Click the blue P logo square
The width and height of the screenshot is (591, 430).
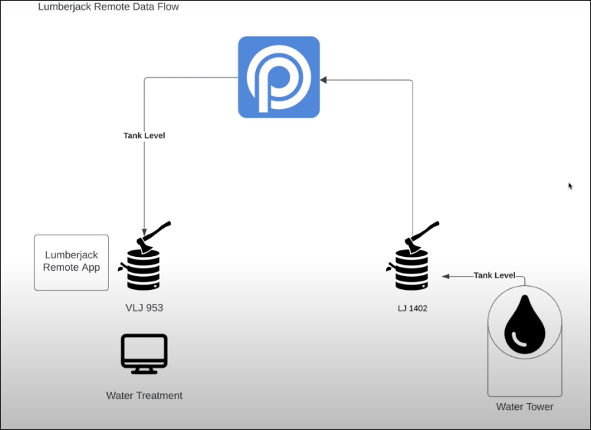tap(279, 77)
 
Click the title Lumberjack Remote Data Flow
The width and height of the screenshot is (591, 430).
tap(108, 7)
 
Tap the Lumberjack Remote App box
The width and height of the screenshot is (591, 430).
tap(71, 262)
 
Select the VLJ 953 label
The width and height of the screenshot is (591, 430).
tap(144, 308)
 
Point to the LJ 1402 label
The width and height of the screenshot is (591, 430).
tap(413, 308)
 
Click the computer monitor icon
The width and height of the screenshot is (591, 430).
tap(144, 353)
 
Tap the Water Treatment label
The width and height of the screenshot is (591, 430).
tap(144, 396)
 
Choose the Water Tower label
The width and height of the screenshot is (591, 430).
tap(525, 407)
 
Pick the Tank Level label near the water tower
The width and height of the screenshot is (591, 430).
tap(494, 275)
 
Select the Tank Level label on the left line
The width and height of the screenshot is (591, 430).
tap(144, 135)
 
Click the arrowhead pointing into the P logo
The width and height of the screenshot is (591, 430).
tap(323, 80)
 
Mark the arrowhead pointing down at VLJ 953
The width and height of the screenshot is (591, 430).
tap(144, 233)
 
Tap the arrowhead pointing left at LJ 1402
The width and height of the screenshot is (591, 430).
tap(446, 276)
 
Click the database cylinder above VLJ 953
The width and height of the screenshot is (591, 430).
tap(143, 269)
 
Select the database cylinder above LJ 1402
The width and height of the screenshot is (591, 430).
tap(412, 269)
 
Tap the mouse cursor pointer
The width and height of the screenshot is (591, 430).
tap(571, 186)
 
